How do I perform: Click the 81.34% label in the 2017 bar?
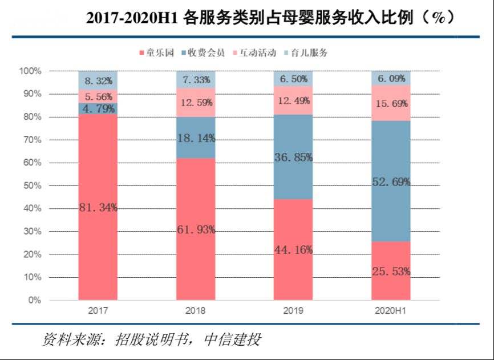pyautogui.click(x=98, y=208)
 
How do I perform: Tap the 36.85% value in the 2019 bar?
pyautogui.click(x=293, y=157)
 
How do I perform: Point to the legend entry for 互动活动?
pyautogui.click(x=254, y=53)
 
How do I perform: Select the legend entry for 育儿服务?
pyautogui.click(x=306, y=53)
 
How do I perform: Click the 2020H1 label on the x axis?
pyautogui.click(x=391, y=312)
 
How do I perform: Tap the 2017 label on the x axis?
pyautogui.click(x=98, y=312)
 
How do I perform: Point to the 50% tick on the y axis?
pyautogui.click(x=31, y=185)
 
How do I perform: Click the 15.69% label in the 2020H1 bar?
pyautogui.click(x=391, y=103)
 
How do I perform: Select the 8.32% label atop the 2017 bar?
pyautogui.click(x=98, y=80)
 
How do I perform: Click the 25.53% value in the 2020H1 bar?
pyautogui.click(x=391, y=272)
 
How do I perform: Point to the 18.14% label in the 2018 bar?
pyautogui.click(x=196, y=137)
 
